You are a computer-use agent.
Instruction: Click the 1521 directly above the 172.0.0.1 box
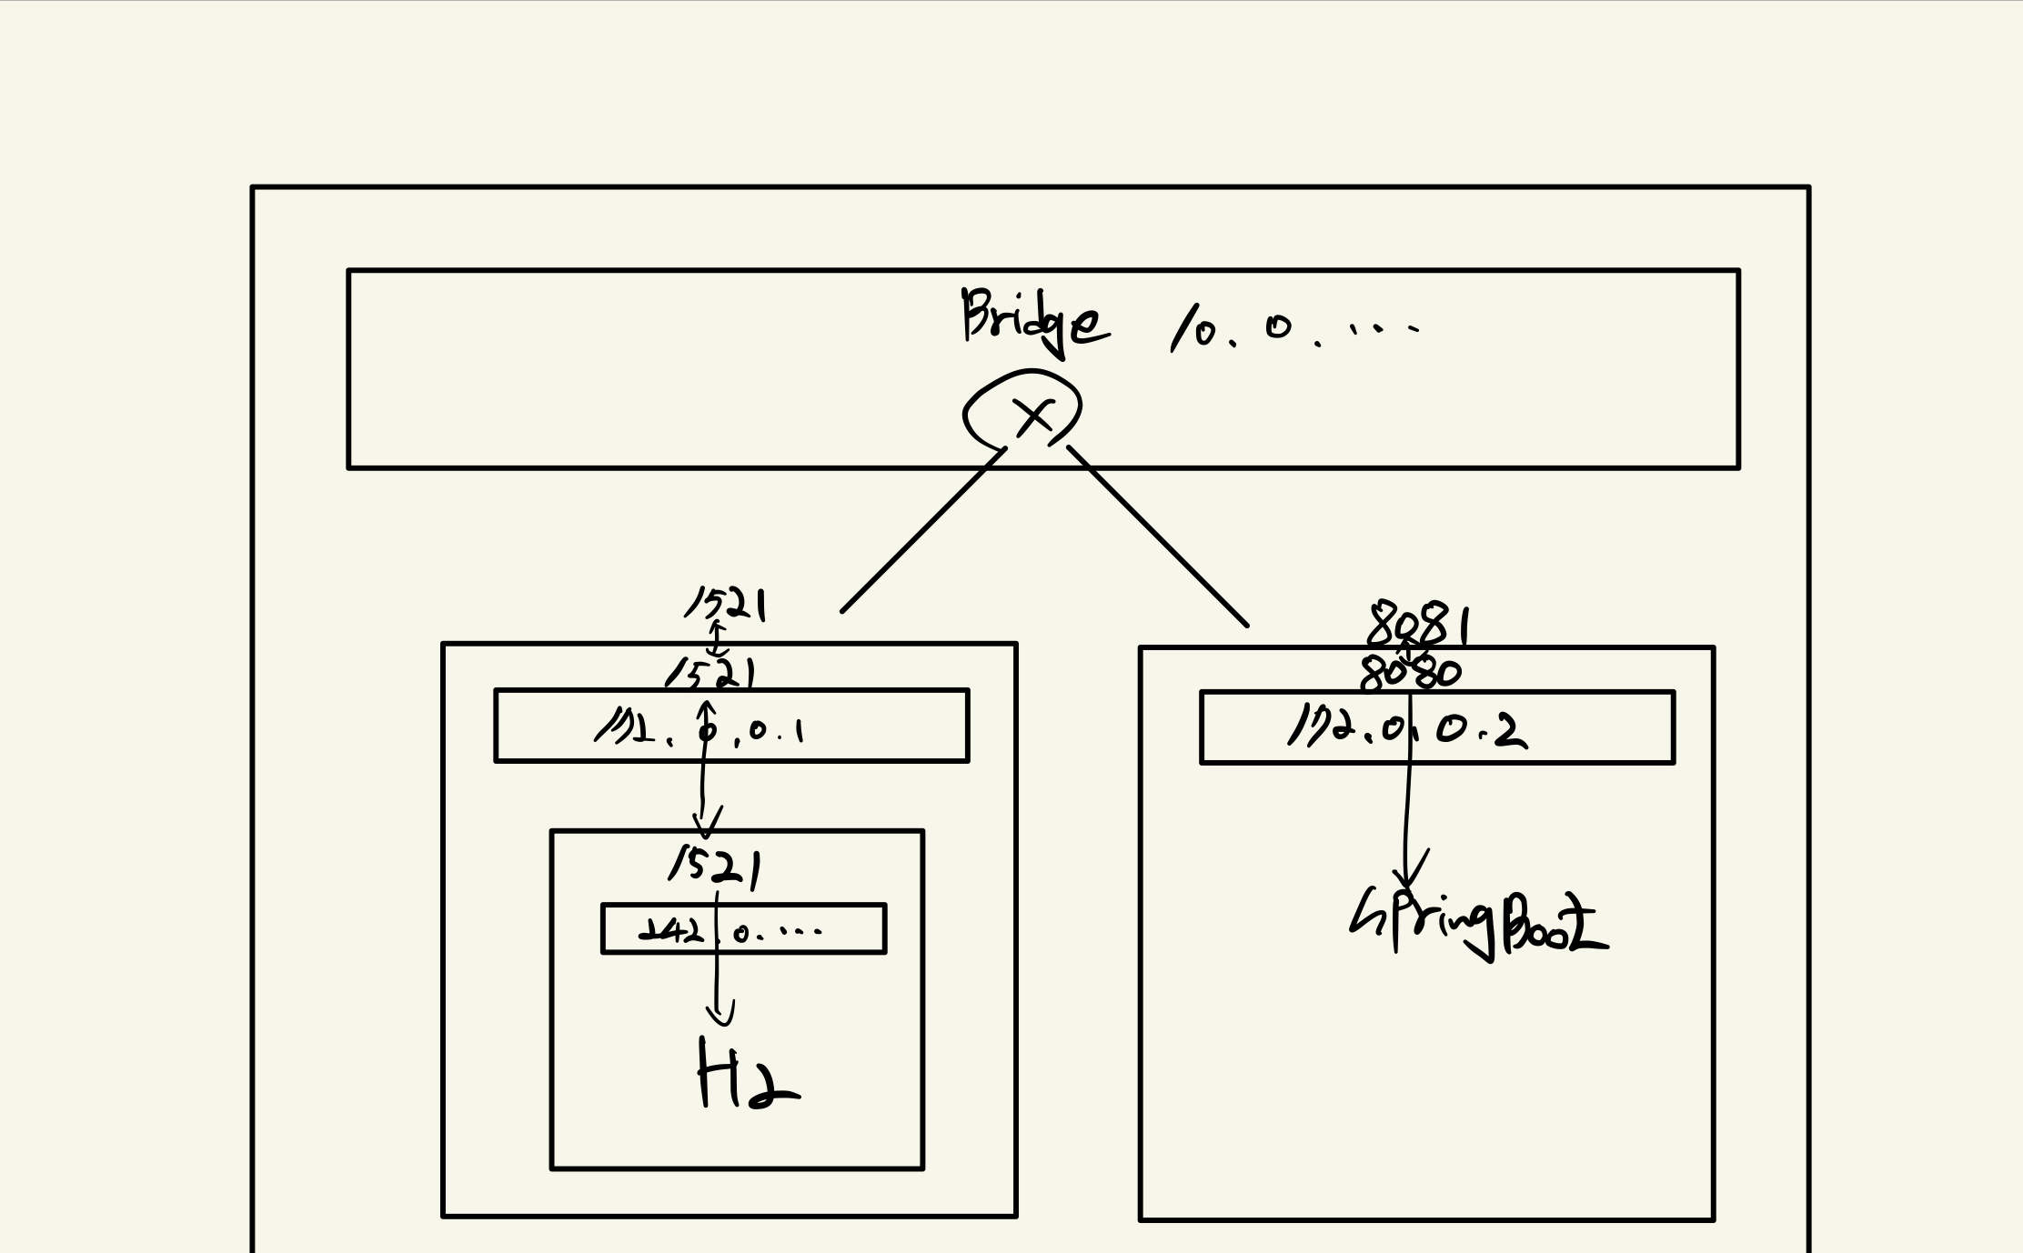click(710, 674)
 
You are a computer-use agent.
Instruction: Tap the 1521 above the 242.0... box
click(714, 865)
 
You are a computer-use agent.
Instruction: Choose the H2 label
click(744, 1075)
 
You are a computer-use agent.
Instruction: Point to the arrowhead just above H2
click(720, 1013)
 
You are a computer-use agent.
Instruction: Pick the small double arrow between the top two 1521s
click(717, 638)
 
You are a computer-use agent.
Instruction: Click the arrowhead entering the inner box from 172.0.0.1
click(705, 824)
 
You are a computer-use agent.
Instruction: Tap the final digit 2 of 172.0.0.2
click(1511, 732)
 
